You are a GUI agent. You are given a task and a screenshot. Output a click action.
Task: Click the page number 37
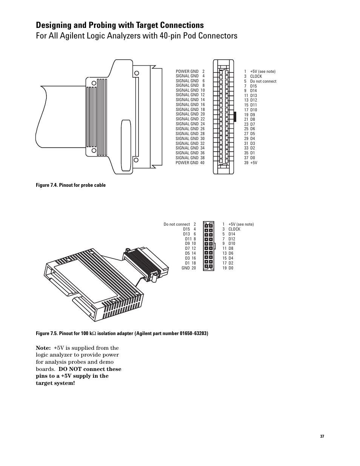tap(322, 436)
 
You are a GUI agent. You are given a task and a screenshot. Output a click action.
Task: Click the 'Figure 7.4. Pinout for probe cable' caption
tap(71, 185)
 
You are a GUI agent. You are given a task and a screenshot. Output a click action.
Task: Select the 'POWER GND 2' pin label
tap(190, 71)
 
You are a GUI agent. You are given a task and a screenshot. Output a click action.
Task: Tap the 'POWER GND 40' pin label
tap(190, 163)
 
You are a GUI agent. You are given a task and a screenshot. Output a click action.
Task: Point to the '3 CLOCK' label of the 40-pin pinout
tap(253, 76)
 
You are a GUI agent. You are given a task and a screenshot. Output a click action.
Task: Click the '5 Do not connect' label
tap(260, 81)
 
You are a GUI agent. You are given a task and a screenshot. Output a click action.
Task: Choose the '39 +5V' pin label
tap(251, 163)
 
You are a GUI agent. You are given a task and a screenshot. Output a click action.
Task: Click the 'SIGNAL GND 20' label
tap(190, 114)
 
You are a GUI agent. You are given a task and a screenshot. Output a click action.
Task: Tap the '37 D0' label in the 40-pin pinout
tap(250, 158)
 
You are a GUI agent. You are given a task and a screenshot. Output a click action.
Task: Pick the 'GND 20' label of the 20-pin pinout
tap(189, 268)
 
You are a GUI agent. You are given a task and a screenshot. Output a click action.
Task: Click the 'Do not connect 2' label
tap(180, 224)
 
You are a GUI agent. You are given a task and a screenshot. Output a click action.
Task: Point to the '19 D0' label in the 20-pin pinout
tap(228, 268)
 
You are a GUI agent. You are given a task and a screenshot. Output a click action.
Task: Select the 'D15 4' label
tap(189, 229)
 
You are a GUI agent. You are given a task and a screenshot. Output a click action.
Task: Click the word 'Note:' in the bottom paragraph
tap(43, 348)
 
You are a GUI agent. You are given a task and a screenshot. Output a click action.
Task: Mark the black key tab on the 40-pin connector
tap(235, 117)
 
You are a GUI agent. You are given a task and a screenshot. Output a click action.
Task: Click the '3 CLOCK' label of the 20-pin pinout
tap(231, 229)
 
